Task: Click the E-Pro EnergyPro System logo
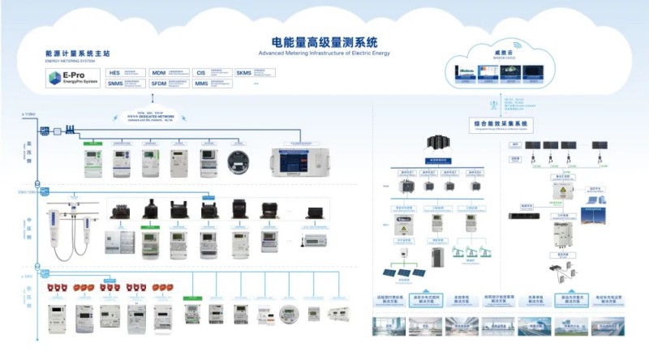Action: [x=72, y=78]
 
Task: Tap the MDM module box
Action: [x=168, y=72]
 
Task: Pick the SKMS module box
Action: [x=252, y=72]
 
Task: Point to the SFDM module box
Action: [x=168, y=83]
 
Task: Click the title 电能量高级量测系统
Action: [x=324, y=41]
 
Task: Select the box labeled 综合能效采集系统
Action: [x=500, y=123]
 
